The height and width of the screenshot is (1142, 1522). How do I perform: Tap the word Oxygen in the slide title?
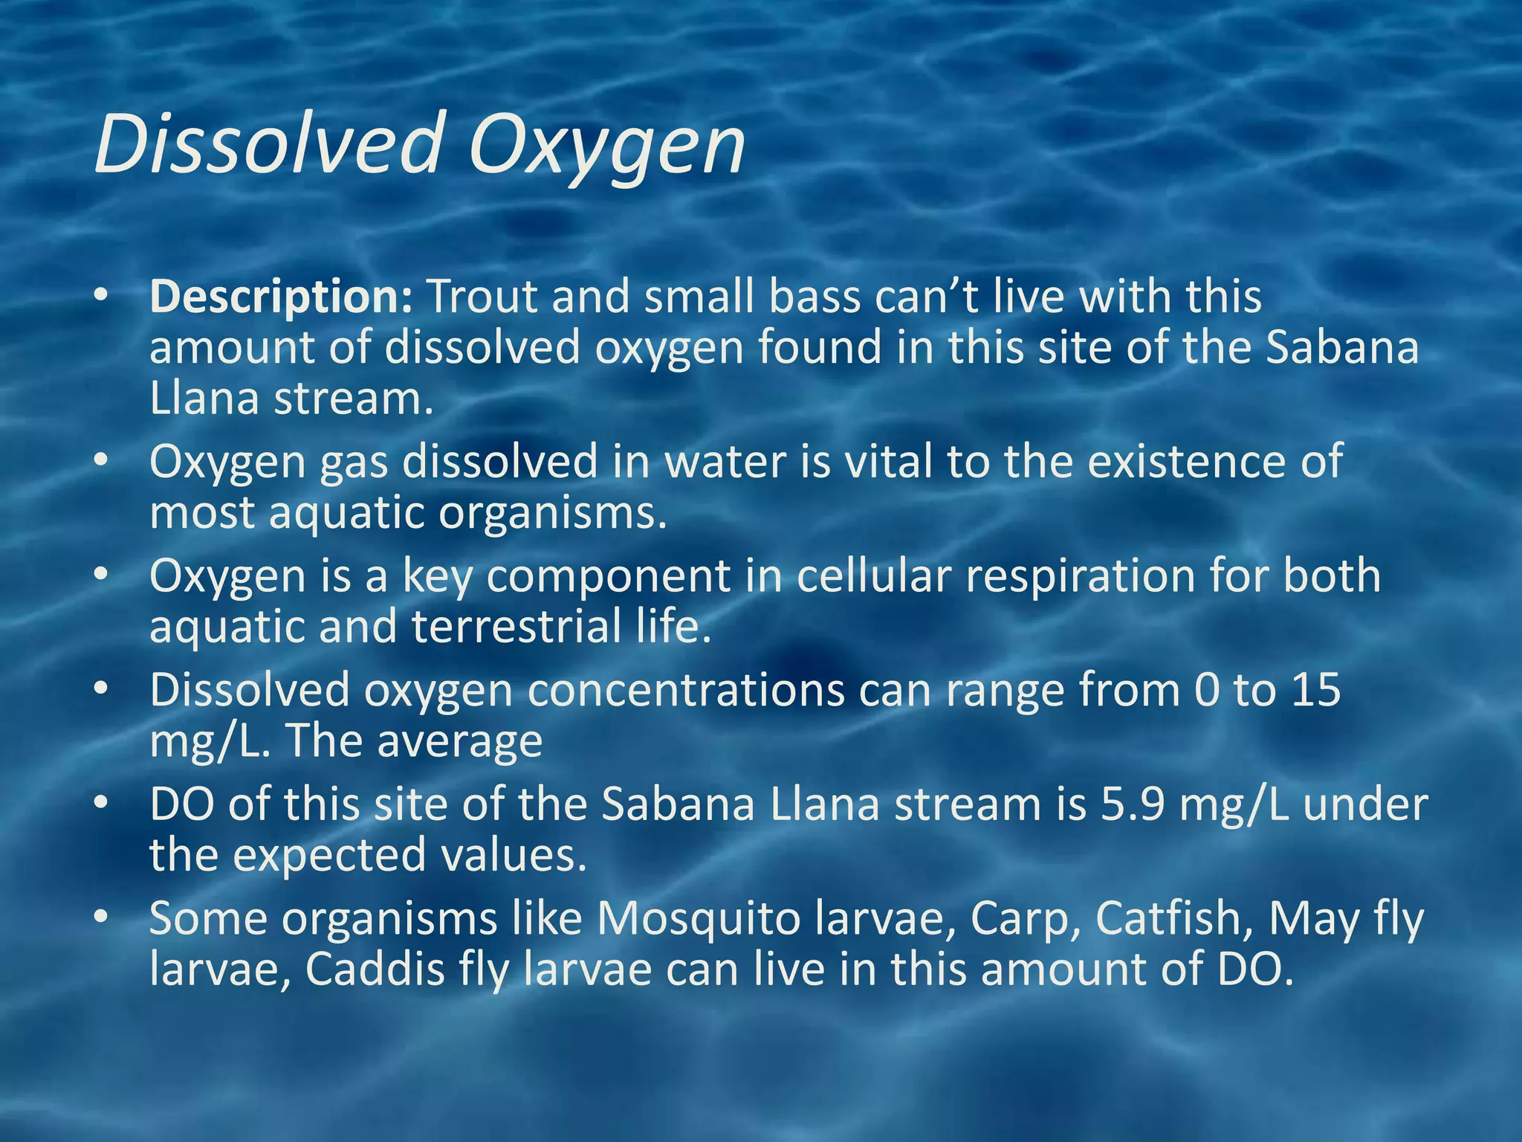[x=606, y=145]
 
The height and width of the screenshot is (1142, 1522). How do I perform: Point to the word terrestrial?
[x=516, y=626]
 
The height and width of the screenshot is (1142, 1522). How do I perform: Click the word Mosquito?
[x=698, y=920]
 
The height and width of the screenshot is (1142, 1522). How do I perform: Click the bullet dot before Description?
[x=102, y=297]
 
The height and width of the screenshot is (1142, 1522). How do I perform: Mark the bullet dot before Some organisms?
[x=102, y=919]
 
